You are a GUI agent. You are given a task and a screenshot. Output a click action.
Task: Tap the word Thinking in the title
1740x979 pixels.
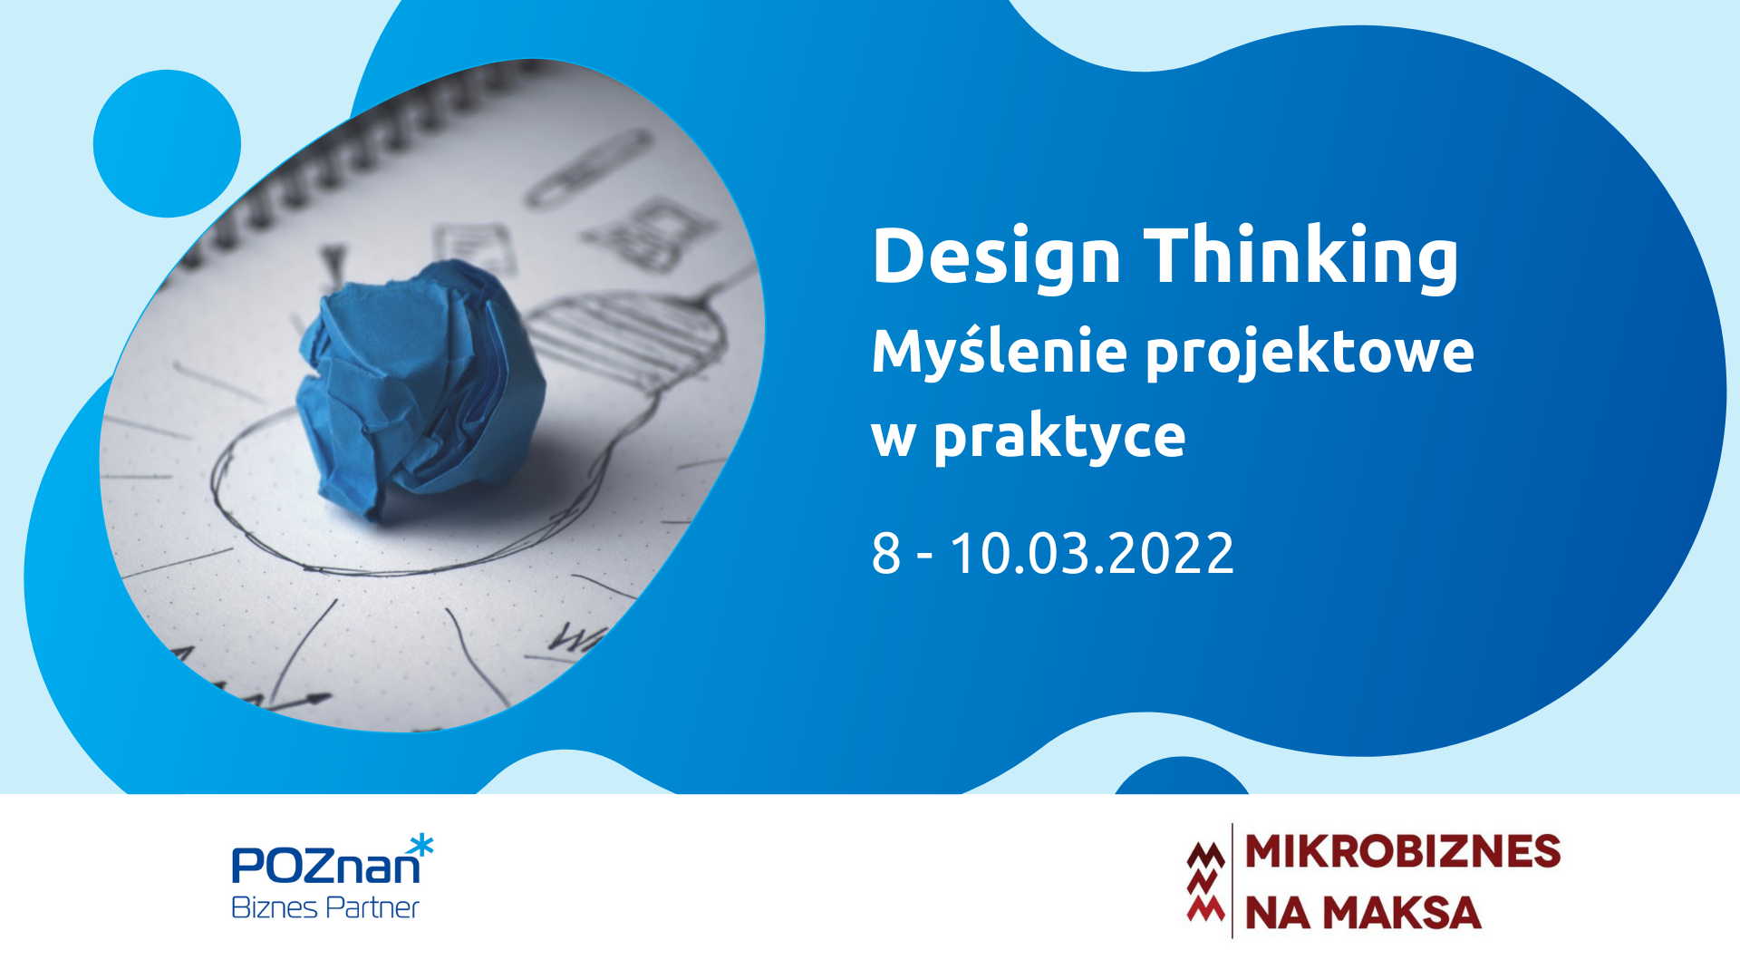[x=1301, y=257]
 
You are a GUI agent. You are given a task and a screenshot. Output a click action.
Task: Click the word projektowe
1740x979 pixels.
[x=1310, y=354]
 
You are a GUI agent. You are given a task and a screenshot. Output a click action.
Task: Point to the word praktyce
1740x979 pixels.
[x=1059, y=439]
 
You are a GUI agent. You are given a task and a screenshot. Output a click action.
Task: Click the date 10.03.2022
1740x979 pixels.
[x=1091, y=553]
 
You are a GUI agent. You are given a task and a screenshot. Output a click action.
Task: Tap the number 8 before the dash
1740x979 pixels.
[x=886, y=553]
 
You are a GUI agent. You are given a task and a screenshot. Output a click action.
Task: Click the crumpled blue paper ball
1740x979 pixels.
[x=420, y=388]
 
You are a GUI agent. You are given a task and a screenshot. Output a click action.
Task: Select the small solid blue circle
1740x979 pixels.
[x=167, y=143]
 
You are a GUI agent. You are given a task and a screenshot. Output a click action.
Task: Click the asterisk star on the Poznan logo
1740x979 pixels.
[x=421, y=847]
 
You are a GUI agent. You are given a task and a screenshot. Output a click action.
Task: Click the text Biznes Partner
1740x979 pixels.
[x=325, y=907]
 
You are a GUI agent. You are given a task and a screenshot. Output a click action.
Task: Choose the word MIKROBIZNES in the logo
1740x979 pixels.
[x=1403, y=852]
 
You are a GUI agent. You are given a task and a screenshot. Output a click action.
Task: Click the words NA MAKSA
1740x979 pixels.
[x=1363, y=913]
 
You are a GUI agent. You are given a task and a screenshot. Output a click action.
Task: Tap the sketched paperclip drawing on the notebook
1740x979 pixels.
[x=589, y=168]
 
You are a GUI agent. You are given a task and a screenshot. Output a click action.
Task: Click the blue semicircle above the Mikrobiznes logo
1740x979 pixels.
[x=1182, y=776]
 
